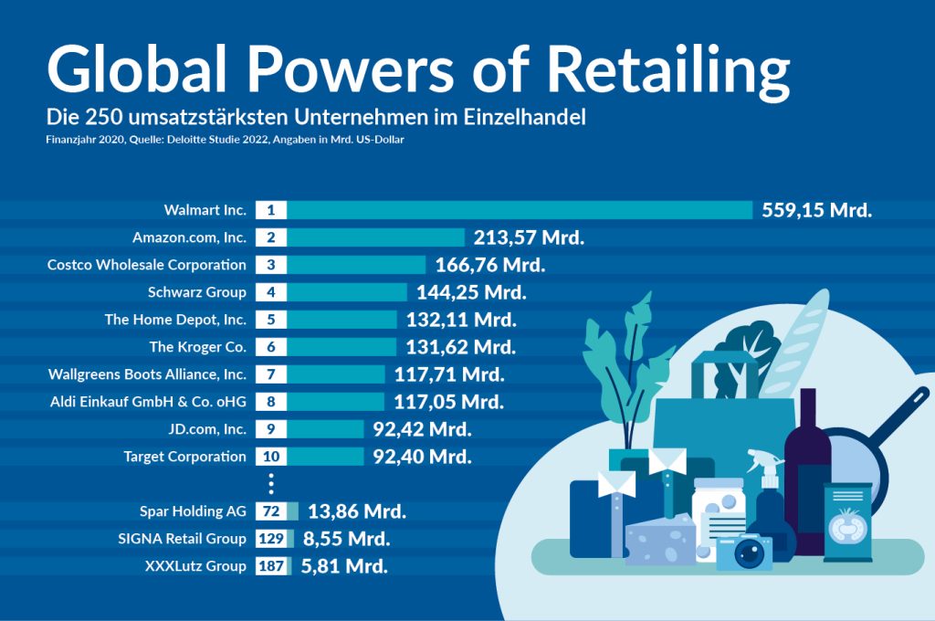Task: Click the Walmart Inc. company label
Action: click(x=205, y=210)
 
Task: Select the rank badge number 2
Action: click(x=271, y=237)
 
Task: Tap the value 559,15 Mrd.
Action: click(x=817, y=210)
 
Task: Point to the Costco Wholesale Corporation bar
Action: click(x=356, y=265)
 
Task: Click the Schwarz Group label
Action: click(x=196, y=292)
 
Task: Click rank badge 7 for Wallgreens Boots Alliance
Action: click(x=271, y=374)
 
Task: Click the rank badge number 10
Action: click(x=271, y=457)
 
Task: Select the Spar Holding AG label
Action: click(x=193, y=511)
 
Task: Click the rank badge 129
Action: click(x=271, y=539)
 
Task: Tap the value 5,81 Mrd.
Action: click(x=344, y=566)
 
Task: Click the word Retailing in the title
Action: click(x=671, y=69)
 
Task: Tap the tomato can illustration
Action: click(x=848, y=521)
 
